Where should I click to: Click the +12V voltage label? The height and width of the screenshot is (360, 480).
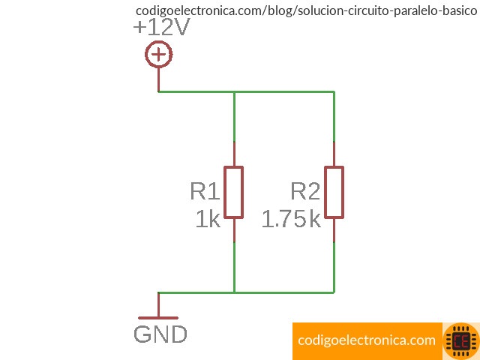[160, 28]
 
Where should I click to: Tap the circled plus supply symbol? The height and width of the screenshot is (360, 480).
[158, 55]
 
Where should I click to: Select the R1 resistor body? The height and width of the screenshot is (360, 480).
[234, 192]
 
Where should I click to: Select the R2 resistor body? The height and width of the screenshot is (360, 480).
[334, 192]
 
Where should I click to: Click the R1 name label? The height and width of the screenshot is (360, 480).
[205, 191]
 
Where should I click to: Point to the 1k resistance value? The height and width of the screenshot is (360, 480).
[208, 220]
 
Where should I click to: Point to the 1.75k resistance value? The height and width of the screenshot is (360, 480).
[291, 220]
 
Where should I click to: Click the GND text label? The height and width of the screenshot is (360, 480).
[160, 334]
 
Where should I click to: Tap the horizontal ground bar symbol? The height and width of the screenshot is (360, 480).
[158, 318]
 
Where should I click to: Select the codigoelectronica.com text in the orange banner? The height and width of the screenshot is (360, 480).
[366, 340]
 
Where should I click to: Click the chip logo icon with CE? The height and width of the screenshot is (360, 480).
[460, 341]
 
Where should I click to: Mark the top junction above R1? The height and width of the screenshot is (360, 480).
[234, 91]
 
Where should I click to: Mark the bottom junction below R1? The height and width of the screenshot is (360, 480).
[234, 292]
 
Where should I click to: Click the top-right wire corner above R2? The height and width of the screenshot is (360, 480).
[334, 91]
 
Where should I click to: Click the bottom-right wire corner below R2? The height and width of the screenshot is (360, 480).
[334, 292]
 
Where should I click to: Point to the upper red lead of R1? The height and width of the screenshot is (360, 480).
[234, 154]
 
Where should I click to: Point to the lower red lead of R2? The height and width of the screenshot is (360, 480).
[334, 230]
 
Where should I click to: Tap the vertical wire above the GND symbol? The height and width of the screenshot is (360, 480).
[158, 304]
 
